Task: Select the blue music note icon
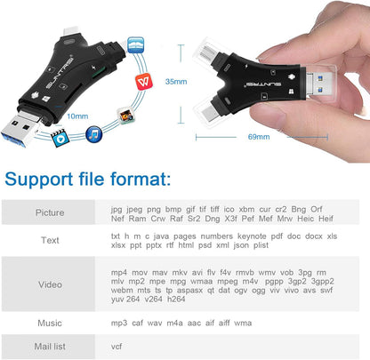[92, 133]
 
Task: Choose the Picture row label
[50, 213]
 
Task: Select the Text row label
[50, 240]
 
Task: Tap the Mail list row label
[50, 347]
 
